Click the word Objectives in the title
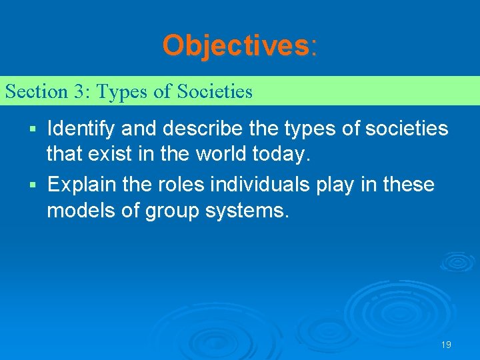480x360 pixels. (235, 46)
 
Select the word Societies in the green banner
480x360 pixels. (215, 91)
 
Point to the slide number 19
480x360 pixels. (446, 345)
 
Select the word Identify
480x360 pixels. (81, 127)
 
